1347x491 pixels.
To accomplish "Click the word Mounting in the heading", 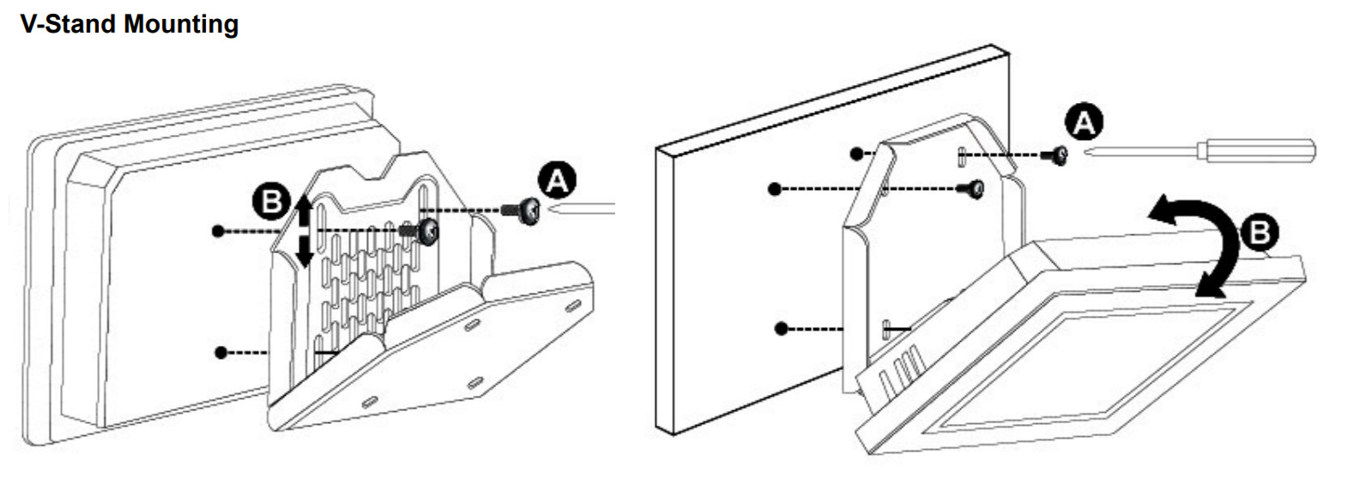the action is pyautogui.click(x=181, y=25).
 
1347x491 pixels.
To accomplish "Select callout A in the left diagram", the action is pyautogui.click(x=557, y=180).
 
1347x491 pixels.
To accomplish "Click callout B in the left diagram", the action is pyautogui.click(x=271, y=202).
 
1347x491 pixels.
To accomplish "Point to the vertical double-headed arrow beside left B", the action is pyautogui.click(x=305, y=231).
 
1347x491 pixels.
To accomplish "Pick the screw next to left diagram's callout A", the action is pyautogui.click(x=522, y=210).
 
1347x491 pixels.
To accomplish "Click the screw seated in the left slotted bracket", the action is pyautogui.click(x=422, y=232).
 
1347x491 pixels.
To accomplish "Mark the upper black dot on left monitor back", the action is pyautogui.click(x=218, y=231).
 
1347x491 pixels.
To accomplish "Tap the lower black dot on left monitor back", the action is pyautogui.click(x=221, y=353).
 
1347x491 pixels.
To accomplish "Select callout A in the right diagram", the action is pyautogui.click(x=1084, y=124).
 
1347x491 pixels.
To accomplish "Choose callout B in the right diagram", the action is pyautogui.click(x=1259, y=233).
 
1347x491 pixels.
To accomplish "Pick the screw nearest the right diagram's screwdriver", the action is pyautogui.click(x=1055, y=155).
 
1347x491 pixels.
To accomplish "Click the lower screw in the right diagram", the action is pyautogui.click(x=971, y=190).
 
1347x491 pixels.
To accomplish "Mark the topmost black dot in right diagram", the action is pyautogui.click(x=856, y=154).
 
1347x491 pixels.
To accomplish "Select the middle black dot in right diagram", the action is pyautogui.click(x=775, y=190).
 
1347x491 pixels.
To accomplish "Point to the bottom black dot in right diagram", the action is pyautogui.click(x=781, y=329).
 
